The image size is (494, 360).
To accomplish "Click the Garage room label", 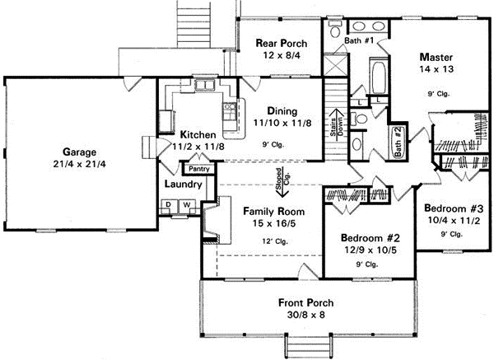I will [78, 152].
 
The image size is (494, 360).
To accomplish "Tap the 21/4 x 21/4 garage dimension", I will [78, 165].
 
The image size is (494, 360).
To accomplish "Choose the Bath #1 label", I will [359, 40].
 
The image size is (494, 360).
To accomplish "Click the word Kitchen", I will [198, 134].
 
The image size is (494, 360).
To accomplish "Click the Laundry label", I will [178, 185].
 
